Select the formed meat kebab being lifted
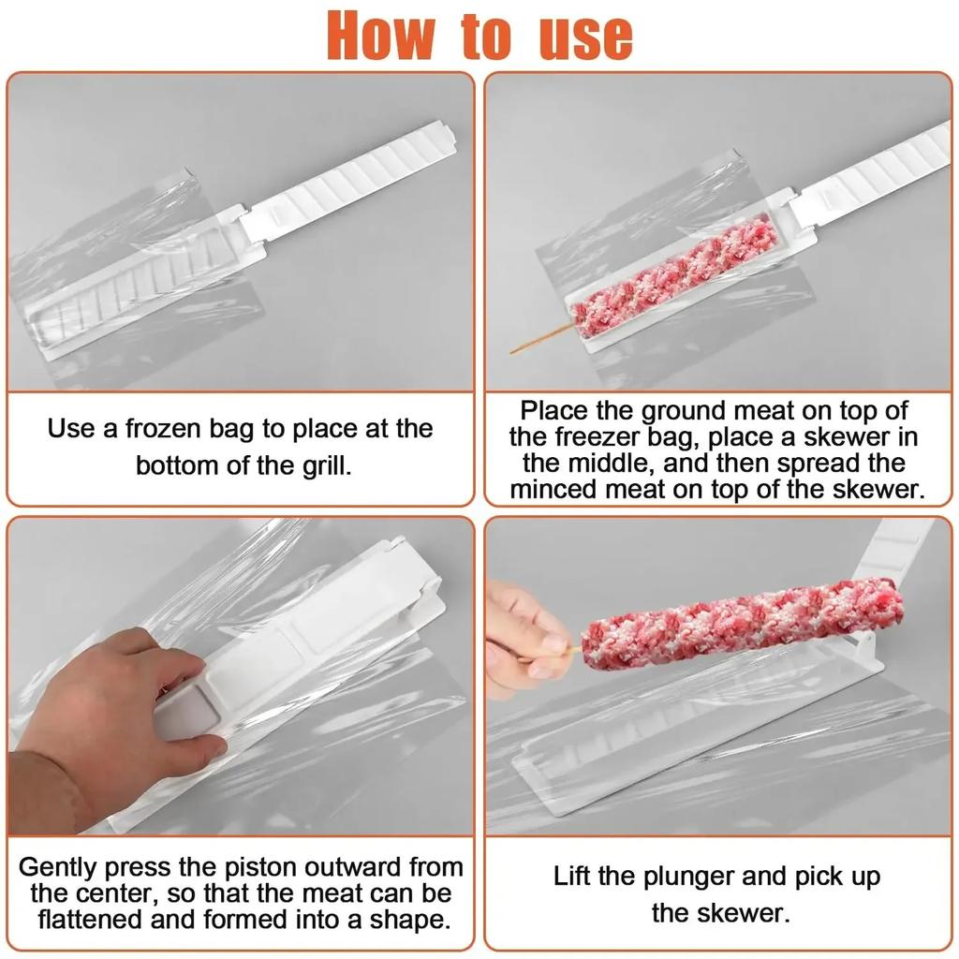[x=740, y=622]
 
